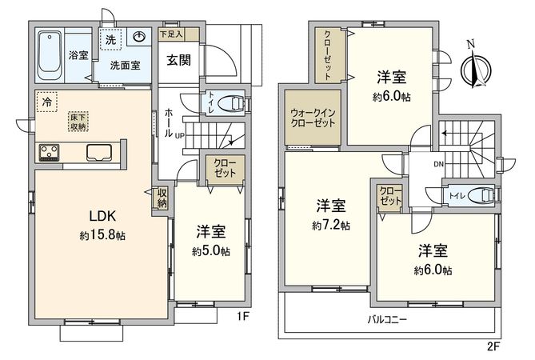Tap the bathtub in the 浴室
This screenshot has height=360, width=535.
click(x=51, y=54)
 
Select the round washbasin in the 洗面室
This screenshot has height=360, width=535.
click(x=138, y=38)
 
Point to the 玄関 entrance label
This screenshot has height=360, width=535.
click(x=178, y=60)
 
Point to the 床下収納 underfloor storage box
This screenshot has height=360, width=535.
click(x=78, y=119)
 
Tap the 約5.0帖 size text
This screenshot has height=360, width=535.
click(x=211, y=250)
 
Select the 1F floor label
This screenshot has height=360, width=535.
click(x=243, y=316)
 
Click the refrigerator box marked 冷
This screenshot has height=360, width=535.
click(x=48, y=102)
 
